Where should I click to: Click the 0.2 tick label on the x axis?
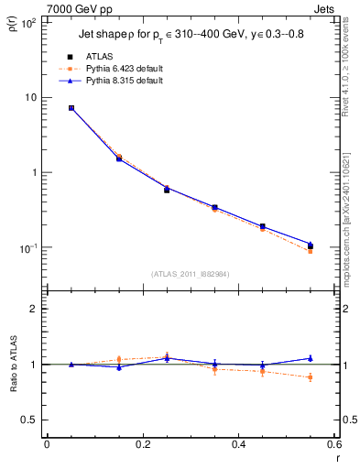[x=142, y=444]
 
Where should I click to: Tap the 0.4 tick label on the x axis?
[x=238, y=444]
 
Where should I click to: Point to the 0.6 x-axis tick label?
[x=333, y=444]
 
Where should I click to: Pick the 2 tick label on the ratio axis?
[x=34, y=310]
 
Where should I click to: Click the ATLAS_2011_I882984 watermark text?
[x=190, y=273]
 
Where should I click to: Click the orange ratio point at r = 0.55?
[x=310, y=377]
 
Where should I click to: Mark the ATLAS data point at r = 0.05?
[x=71, y=108]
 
